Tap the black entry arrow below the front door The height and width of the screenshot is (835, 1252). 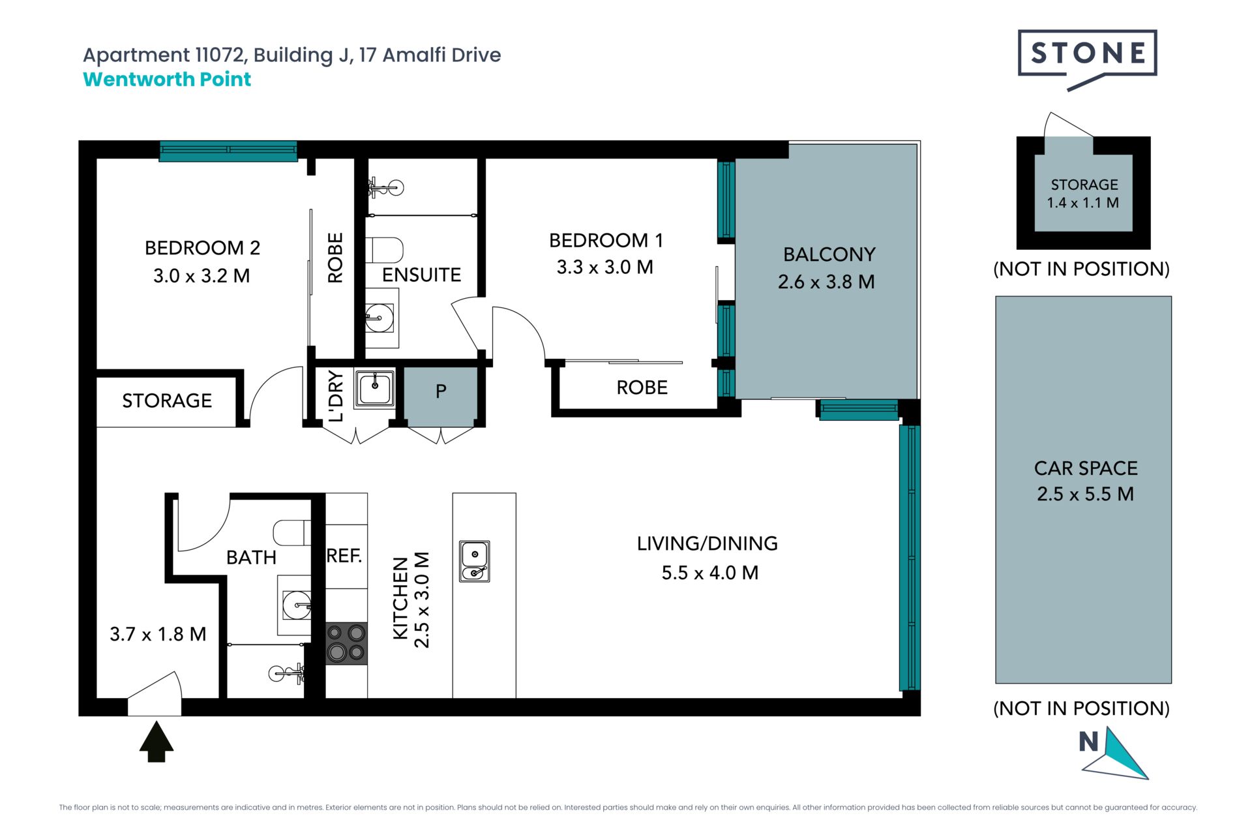click(x=156, y=741)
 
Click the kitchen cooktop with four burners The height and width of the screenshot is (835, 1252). click(x=346, y=643)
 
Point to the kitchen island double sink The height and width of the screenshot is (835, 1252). click(x=474, y=561)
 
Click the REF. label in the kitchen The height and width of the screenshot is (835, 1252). click(x=344, y=556)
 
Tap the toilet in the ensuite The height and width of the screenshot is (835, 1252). click(x=384, y=250)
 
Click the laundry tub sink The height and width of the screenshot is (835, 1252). click(x=374, y=388)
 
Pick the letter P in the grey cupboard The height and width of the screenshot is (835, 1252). click(x=441, y=391)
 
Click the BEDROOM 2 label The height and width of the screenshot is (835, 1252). click(x=202, y=248)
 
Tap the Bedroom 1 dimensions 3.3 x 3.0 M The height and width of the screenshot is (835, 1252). click(x=605, y=267)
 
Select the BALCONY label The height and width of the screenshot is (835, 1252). click(x=829, y=254)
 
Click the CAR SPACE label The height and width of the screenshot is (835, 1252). click(x=1086, y=468)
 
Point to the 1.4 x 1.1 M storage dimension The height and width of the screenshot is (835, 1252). click(x=1083, y=203)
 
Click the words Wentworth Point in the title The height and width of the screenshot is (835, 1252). click(x=167, y=80)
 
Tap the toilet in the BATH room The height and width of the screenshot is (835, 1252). click(x=292, y=533)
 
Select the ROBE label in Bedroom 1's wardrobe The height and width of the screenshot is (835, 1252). click(x=642, y=387)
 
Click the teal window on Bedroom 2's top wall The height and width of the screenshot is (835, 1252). click(x=228, y=151)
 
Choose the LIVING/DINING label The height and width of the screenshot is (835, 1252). click(x=708, y=543)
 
